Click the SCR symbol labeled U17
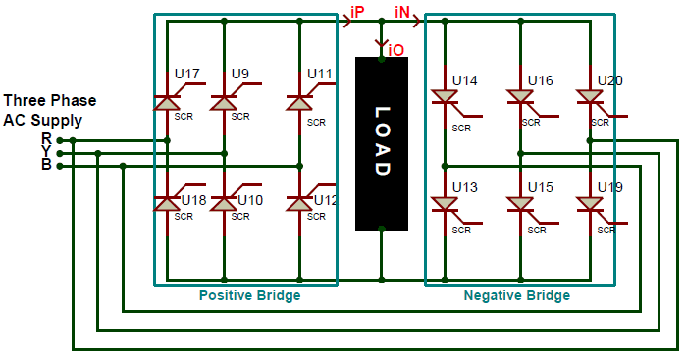167,102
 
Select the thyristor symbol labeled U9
225,102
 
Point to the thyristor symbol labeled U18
167,203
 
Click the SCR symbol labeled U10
225,203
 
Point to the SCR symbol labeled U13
446,204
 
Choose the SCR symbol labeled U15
520,204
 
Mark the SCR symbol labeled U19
590,204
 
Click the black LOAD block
381,143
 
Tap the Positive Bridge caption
249,295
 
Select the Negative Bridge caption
516,295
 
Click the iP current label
357,11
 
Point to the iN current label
403,11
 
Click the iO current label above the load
395,49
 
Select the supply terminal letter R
46,139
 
